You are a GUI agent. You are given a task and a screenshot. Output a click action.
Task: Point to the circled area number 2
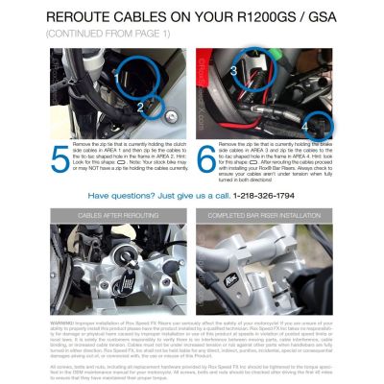[x=140, y=107]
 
